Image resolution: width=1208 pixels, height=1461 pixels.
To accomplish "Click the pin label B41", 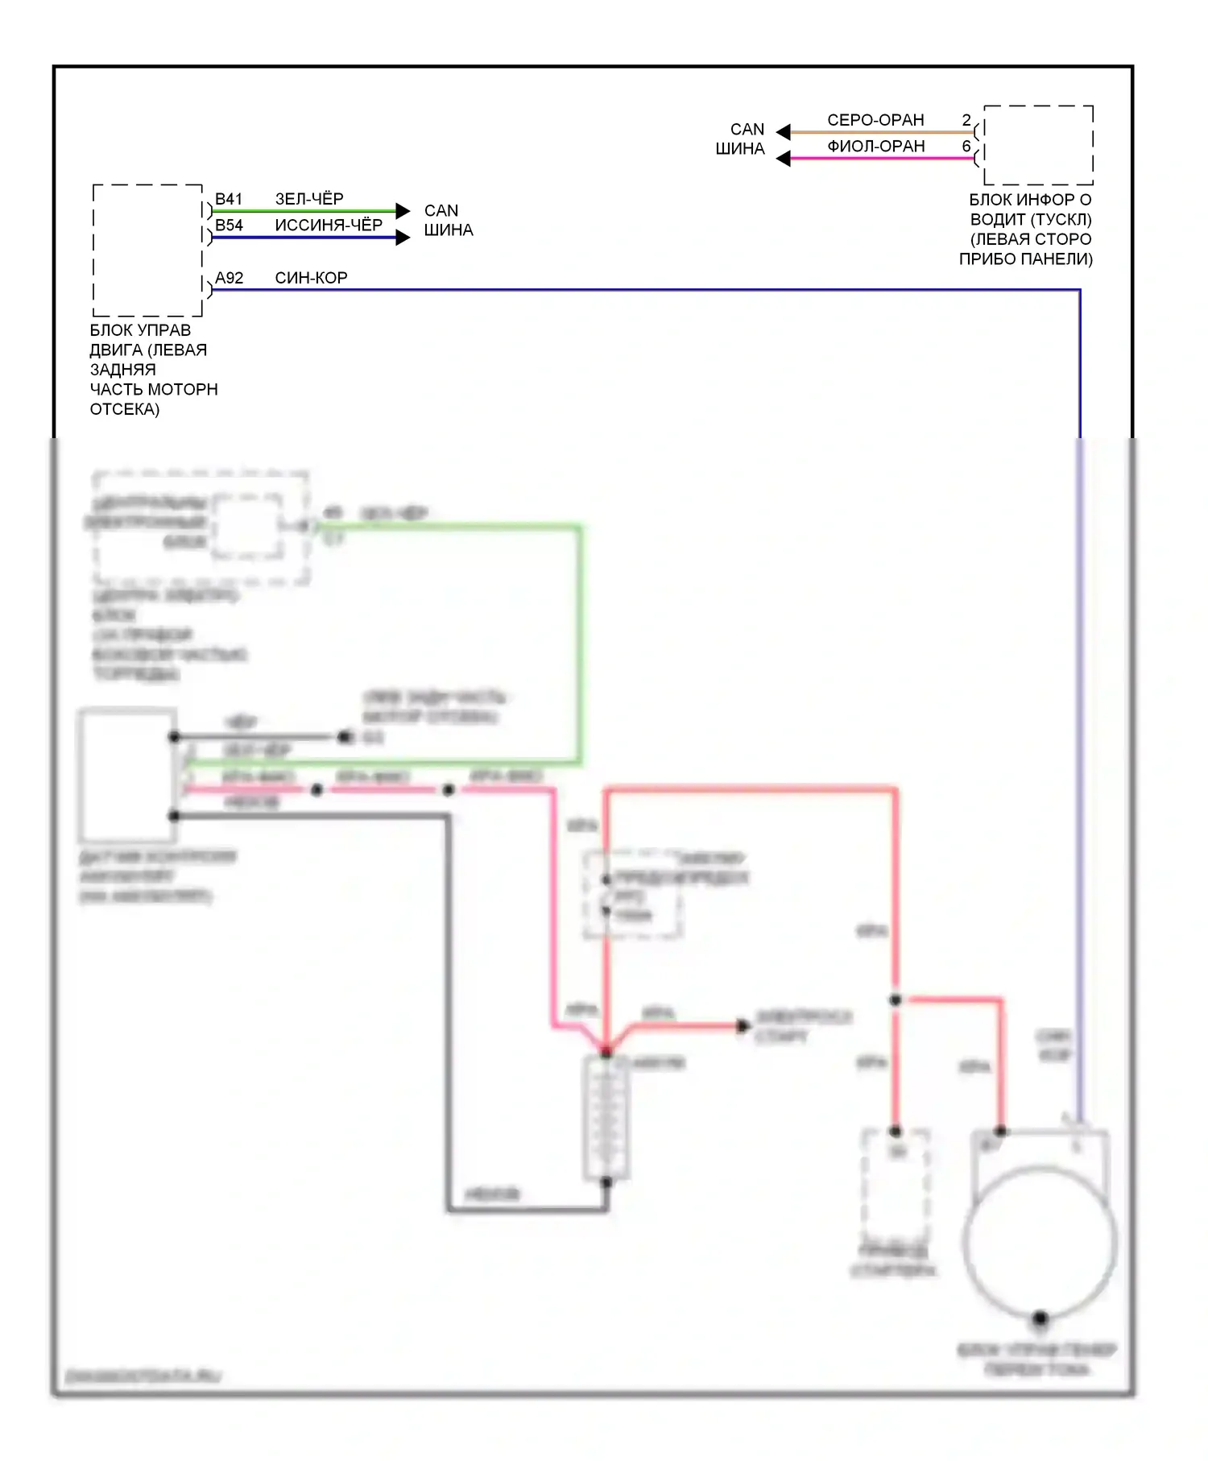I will pos(229,199).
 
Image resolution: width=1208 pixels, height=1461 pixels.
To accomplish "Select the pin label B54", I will pos(229,226).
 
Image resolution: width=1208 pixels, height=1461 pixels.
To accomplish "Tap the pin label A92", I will pos(229,278).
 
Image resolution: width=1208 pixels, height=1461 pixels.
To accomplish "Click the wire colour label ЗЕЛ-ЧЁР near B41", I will pos(309,199).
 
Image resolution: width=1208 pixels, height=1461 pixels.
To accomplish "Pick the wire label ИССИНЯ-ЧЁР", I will pos(329,226).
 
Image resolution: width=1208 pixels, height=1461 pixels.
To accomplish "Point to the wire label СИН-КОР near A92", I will pos(311,278).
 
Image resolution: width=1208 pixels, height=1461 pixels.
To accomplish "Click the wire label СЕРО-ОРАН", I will pos(875,120).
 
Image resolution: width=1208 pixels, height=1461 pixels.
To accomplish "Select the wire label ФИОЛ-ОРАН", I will pos(875,147).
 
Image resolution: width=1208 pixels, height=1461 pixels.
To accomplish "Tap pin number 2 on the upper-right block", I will pos(966,120).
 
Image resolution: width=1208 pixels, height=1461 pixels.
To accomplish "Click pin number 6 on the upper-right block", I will pos(966,147).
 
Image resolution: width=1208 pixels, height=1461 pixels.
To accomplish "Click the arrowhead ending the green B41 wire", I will pos(403,211).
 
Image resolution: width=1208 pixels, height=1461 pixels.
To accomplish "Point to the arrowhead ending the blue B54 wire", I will pos(403,238).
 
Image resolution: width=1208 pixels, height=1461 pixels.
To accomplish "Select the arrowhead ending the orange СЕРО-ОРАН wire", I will pos(783,131).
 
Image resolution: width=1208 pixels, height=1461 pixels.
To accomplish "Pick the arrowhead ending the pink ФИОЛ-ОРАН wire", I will pos(783,159).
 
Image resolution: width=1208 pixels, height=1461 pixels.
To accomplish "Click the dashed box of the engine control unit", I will pos(147,250).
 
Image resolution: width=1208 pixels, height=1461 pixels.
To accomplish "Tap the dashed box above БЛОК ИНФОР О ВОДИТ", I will pos(1038,145).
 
